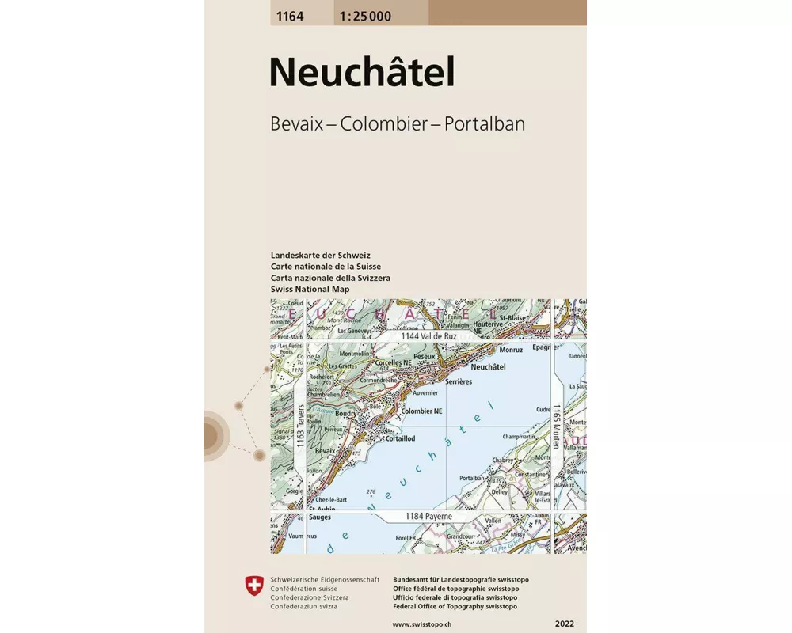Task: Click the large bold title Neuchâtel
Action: click(362, 73)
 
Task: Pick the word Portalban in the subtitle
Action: click(485, 124)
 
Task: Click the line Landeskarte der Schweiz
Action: click(320, 256)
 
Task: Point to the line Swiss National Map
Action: click(310, 290)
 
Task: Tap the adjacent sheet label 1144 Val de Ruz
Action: click(428, 336)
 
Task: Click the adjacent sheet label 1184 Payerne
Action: click(428, 517)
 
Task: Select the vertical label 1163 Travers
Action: click(300, 427)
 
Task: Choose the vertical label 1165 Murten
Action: click(557, 427)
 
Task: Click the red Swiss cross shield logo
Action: click(253, 586)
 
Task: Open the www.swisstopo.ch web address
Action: click(424, 624)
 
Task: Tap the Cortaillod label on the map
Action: click(396, 438)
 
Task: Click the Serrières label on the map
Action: click(459, 381)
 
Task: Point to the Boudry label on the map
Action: click(345, 412)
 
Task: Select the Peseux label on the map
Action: click(425, 357)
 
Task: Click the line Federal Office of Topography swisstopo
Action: click(455, 606)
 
